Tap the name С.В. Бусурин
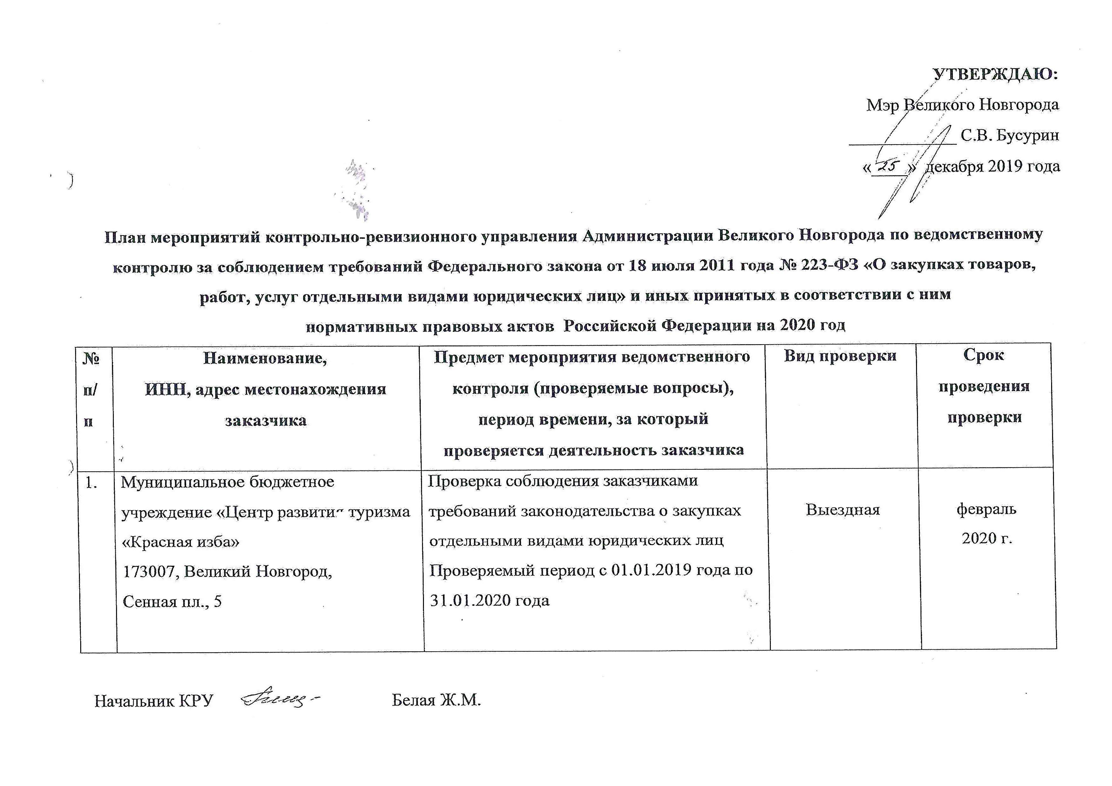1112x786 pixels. (1010, 136)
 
